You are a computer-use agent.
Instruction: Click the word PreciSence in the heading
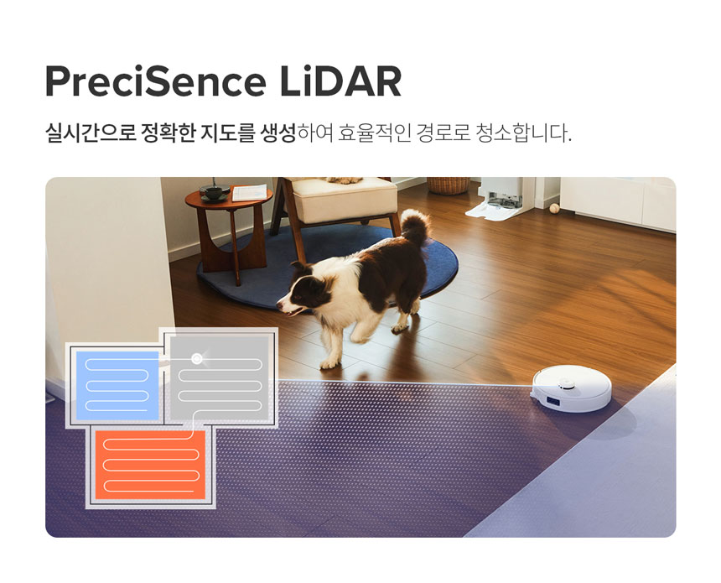(x=155, y=81)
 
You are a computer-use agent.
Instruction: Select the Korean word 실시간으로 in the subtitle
(x=91, y=133)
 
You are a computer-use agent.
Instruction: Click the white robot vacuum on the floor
(x=572, y=389)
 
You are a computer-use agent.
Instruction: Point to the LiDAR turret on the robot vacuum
(x=566, y=383)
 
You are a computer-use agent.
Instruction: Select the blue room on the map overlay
(x=117, y=385)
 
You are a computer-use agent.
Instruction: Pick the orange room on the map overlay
(x=150, y=464)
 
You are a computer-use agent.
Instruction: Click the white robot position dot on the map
(x=197, y=358)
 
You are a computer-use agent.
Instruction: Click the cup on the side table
(x=213, y=192)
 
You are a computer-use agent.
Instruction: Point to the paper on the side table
(x=250, y=192)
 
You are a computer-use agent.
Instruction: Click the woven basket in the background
(x=448, y=185)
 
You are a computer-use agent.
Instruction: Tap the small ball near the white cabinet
(x=554, y=208)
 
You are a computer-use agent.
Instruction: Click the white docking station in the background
(x=499, y=199)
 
